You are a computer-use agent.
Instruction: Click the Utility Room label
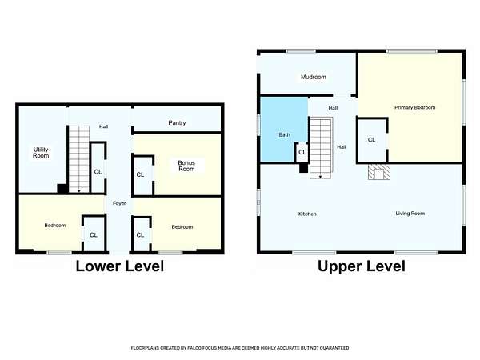click(41, 153)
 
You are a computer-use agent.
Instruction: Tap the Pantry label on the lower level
click(177, 122)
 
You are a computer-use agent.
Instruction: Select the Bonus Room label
click(186, 166)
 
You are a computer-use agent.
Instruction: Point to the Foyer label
click(119, 203)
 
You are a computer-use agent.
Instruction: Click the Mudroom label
click(314, 77)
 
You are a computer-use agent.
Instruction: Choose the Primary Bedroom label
click(414, 107)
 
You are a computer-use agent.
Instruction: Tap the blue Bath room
click(284, 129)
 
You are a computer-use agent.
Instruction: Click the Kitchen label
click(307, 214)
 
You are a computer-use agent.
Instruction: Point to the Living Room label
click(410, 214)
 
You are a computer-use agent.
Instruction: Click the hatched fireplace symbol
click(379, 172)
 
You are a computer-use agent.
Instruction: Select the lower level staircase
click(79, 159)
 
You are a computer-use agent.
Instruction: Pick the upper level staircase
click(321, 147)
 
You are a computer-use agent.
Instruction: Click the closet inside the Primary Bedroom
click(372, 140)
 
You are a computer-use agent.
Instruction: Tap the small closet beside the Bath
click(302, 152)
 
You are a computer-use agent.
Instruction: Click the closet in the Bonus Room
click(142, 174)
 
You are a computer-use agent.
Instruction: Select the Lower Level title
click(120, 266)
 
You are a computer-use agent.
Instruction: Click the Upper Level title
click(362, 266)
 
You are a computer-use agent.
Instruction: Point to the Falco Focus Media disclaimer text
click(240, 348)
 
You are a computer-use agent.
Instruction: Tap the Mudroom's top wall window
click(301, 51)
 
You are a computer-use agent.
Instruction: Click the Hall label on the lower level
click(103, 126)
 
